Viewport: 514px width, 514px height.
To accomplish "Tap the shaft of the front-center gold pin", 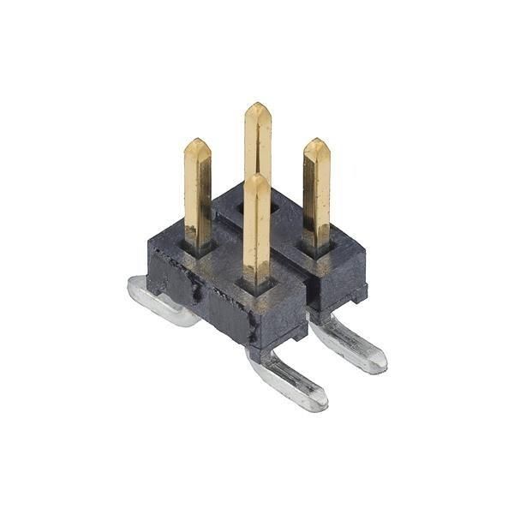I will coord(257,231).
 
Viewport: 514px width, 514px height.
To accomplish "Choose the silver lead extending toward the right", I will coord(347,343).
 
